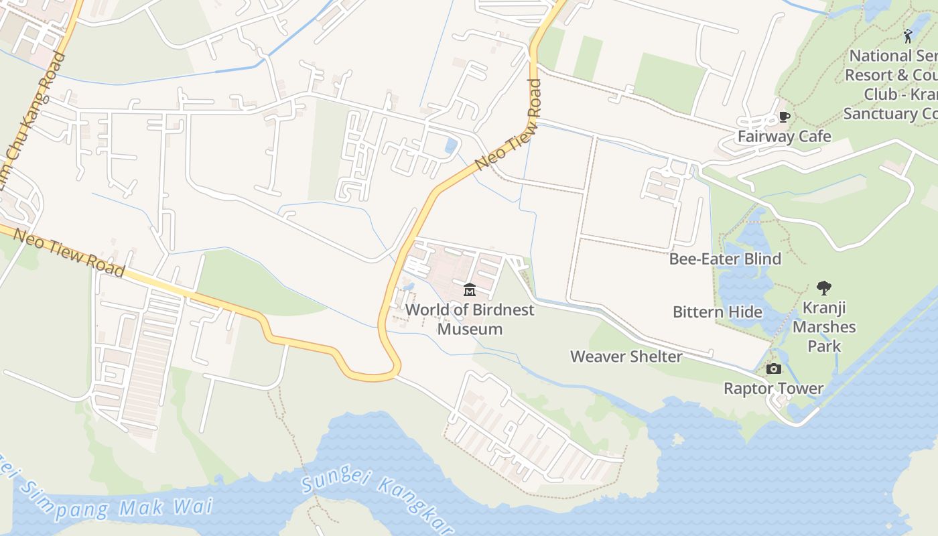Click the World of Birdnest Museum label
point(470,319)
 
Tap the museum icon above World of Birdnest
point(470,290)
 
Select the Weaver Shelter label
point(626,356)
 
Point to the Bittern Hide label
point(717,312)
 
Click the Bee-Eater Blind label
point(725,259)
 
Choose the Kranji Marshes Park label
point(823,327)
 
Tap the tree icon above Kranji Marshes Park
point(823,288)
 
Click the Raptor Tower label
point(773,389)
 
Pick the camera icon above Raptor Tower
point(773,369)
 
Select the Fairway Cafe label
point(784,137)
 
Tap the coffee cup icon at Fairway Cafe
point(785,117)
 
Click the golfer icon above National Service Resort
point(908,36)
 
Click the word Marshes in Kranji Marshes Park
point(823,328)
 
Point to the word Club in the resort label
point(880,94)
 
